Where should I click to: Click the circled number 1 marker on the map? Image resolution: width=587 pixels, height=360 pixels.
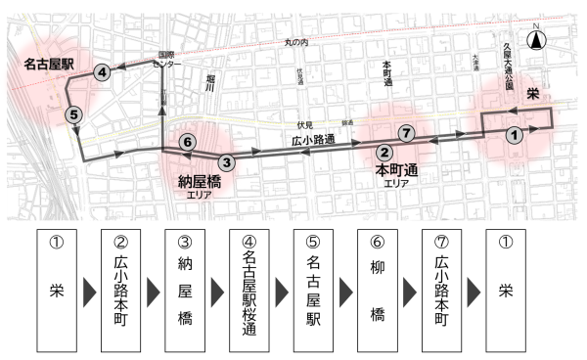[514, 137]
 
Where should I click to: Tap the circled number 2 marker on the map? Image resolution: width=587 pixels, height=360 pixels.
[385, 152]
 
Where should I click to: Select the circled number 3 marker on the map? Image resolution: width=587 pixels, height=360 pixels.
[226, 162]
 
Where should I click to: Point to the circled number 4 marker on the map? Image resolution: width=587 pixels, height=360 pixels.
[101, 72]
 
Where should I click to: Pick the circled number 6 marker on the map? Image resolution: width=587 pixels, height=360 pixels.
[187, 143]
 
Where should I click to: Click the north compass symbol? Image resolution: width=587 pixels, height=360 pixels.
[537, 39]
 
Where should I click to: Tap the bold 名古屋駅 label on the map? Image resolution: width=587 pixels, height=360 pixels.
[49, 64]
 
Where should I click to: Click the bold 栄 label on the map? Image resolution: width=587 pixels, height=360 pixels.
[533, 93]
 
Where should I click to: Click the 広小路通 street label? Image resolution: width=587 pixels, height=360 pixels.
[313, 141]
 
